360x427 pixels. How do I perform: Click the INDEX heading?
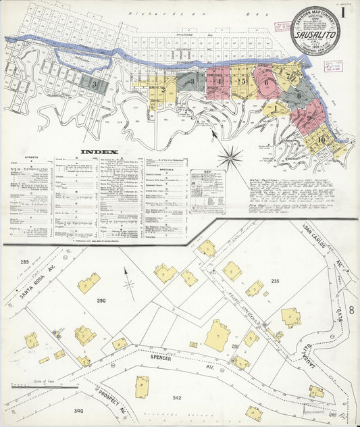pos(99,152)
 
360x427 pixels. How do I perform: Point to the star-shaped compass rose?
pos(230,159)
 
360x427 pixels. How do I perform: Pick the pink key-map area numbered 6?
pos(267,84)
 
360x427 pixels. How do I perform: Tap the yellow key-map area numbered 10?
pos(321,140)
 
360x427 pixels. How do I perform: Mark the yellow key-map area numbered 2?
pos(161,89)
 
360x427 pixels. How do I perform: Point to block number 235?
pos(275,280)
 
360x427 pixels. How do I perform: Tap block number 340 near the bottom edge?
pos(78,410)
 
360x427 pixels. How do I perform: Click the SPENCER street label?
pos(161,358)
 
